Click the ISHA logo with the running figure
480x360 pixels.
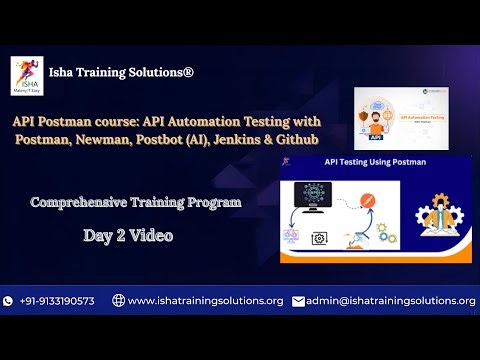26,73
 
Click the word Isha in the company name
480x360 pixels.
65,73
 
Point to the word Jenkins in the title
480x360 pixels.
245,139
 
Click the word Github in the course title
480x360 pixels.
296,139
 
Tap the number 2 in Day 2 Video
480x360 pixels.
117,236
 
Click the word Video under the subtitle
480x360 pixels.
149,236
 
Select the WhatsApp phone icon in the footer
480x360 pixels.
9,300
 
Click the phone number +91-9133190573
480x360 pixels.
57,300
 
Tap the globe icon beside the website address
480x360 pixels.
118,300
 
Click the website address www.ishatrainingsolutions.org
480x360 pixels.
206,300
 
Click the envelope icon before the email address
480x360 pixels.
298,300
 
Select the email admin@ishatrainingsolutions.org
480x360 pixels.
391,300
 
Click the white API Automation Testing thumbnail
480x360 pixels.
411,118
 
